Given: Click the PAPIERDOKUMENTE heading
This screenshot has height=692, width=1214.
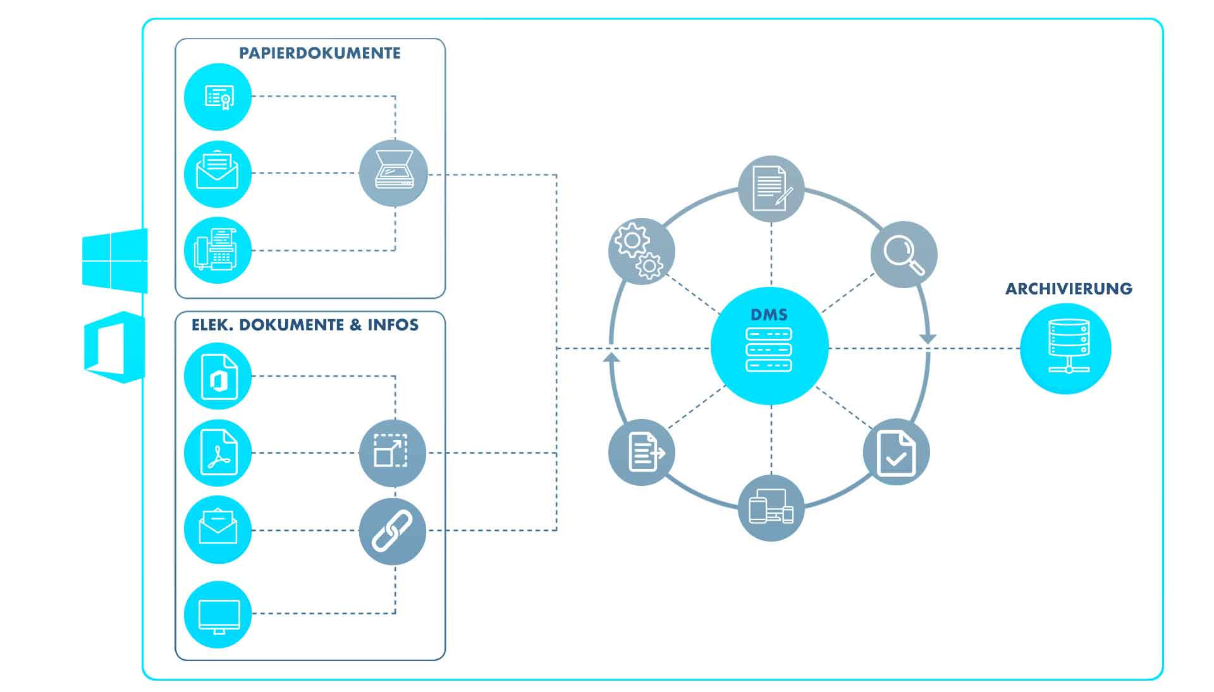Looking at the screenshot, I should (319, 53).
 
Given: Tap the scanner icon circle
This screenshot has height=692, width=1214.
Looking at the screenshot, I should (393, 173).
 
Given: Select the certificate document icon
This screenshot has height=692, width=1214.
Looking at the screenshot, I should (218, 97).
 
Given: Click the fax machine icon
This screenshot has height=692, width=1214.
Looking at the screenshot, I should (218, 250).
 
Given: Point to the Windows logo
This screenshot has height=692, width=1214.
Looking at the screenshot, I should (115, 260).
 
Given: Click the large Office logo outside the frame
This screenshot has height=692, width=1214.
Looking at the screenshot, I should (114, 347).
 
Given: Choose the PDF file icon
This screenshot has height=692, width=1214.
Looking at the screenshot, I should (218, 452).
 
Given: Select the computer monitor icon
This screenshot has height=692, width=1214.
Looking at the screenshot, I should (218, 614).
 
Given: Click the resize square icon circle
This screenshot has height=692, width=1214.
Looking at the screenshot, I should (393, 452).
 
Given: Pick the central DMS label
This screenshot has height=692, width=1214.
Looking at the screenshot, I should (769, 315).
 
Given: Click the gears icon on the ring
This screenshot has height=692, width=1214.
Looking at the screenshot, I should (641, 251).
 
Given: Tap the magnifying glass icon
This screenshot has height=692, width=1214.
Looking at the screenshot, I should (904, 254).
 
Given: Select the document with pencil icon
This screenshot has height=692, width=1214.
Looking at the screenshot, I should (771, 188).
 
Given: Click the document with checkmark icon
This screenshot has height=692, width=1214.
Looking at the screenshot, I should (896, 452).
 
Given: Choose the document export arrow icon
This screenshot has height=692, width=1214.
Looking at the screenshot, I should (642, 452).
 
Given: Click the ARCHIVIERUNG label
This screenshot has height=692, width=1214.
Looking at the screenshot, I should (1069, 289).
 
